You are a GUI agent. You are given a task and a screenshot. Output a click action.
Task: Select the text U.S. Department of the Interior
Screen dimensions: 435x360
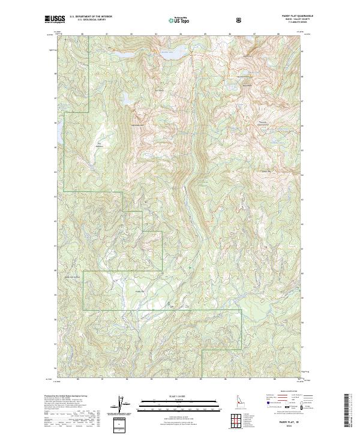pyautogui.click(x=91, y=16)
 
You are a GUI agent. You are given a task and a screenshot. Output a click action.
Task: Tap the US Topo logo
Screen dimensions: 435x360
pyautogui.click(x=181, y=19)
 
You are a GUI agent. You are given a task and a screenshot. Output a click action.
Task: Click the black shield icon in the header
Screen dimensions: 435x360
pyautogui.click(x=240, y=19)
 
